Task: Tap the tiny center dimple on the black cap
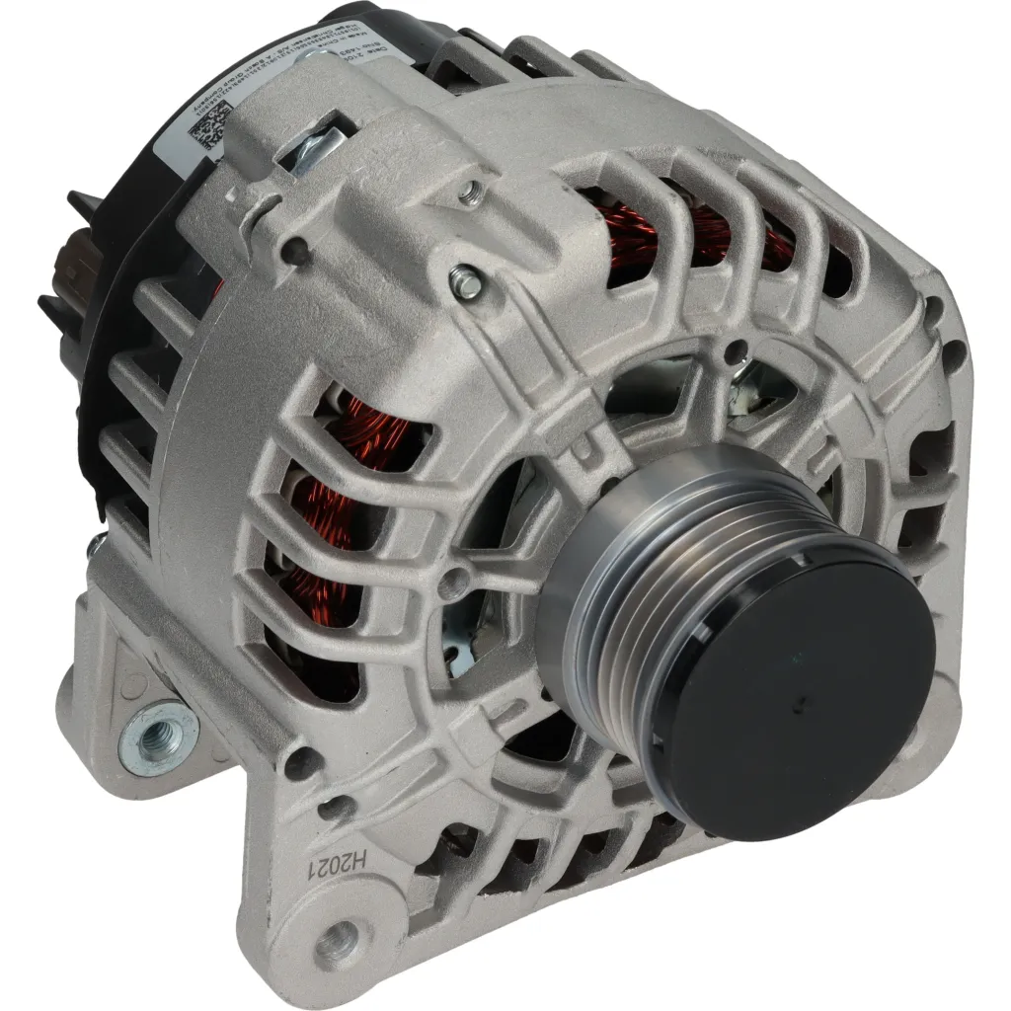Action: [x=802, y=702]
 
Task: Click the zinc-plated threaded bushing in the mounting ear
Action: [x=157, y=737]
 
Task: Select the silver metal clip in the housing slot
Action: [x=317, y=147]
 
